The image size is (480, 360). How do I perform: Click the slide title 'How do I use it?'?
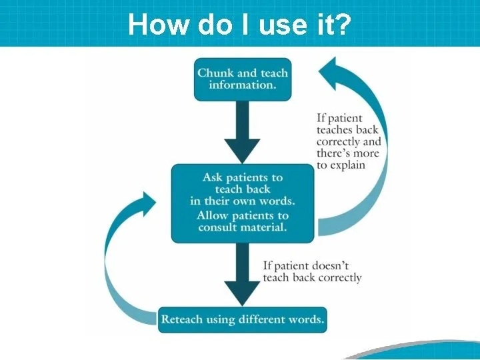coord(239,24)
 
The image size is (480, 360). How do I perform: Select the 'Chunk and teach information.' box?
coord(243,79)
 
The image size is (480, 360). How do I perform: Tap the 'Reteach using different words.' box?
coord(243,319)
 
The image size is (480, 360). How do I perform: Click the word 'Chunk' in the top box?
coord(215,73)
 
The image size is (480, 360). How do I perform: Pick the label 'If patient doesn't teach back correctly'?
coord(312,271)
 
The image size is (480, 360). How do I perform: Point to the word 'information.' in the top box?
coord(243,85)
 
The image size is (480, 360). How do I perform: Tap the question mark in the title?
coord(343,24)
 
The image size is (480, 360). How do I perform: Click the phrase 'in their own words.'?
coord(243,201)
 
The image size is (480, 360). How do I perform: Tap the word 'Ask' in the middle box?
coord(213,177)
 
